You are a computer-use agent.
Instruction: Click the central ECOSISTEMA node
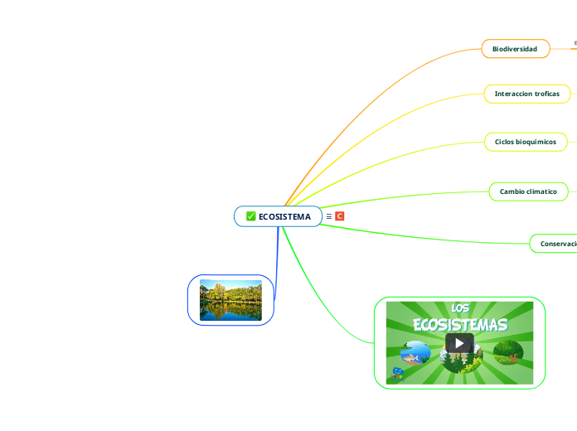[284, 216]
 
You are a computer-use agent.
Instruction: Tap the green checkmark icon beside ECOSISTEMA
[251, 216]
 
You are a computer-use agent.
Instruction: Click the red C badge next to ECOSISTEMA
[339, 216]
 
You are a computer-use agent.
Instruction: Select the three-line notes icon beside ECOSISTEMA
[328, 216]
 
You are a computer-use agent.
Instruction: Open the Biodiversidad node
[515, 49]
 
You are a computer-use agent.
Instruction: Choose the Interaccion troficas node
[526, 94]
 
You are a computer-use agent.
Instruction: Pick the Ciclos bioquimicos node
[525, 142]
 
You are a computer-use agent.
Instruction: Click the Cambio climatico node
[528, 191]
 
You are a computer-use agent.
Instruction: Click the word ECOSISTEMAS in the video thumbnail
[460, 324]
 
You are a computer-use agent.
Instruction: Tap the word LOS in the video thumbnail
[459, 308]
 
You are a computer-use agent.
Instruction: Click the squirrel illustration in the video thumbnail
[512, 356]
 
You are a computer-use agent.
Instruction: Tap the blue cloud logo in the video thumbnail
[398, 372]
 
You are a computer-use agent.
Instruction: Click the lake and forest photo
[230, 300]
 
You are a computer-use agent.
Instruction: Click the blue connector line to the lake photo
[276, 265]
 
